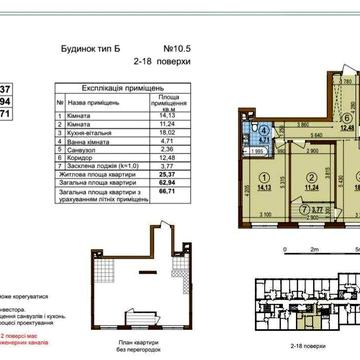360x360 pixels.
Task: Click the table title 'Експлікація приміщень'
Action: (x=120, y=87)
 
